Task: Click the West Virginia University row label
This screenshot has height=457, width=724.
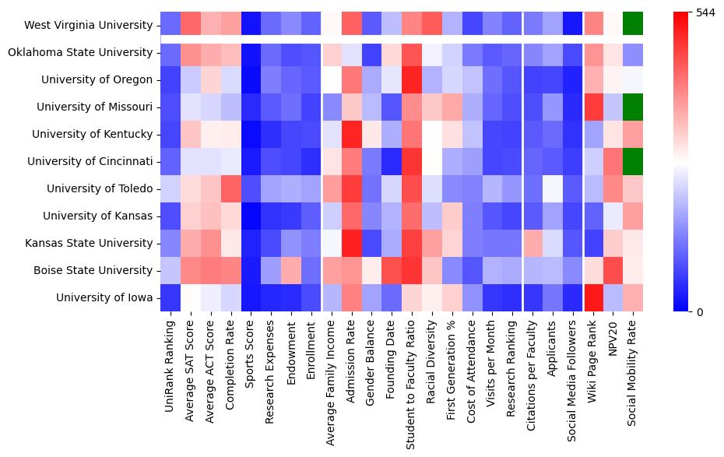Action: coord(88,25)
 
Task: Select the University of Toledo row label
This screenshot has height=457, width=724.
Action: coord(100,188)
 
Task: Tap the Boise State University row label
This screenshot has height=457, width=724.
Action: coord(93,270)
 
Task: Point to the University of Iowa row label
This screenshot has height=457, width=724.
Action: coord(105,297)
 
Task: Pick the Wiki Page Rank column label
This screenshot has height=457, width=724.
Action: coord(593,360)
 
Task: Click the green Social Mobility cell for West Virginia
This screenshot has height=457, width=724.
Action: coord(633,25)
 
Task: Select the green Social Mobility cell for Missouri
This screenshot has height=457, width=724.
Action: coord(633,107)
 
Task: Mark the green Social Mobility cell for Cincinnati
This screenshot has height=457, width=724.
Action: coord(633,161)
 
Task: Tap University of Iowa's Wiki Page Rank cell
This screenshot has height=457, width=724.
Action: coord(593,297)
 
